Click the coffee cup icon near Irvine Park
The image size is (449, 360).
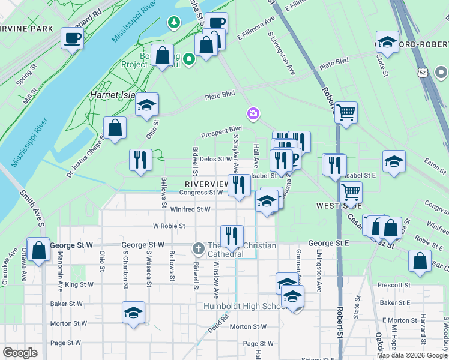pyautogui.click(x=72, y=38)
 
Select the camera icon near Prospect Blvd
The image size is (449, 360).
pyautogui.click(x=253, y=113)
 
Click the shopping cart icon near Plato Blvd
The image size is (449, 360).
pyautogui.click(x=346, y=112)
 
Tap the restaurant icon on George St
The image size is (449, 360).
pyautogui.click(x=231, y=236)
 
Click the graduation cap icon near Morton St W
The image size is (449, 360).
pyautogui.click(x=133, y=312)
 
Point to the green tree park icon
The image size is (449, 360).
pyautogui.click(x=174, y=23)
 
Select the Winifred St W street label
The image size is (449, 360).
pyautogui.click(x=190, y=209)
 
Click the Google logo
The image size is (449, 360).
pyautogui.click(x=20, y=353)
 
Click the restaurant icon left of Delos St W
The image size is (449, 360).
pyautogui.click(x=140, y=160)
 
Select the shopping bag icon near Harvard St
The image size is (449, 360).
pyautogui.click(x=420, y=260)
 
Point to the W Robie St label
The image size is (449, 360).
pyautogui.click(x=169, y=226)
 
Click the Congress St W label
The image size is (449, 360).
pyautogui.click(x=202, y=193)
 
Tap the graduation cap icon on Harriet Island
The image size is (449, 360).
pyautogui.click(x=146, y=105)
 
